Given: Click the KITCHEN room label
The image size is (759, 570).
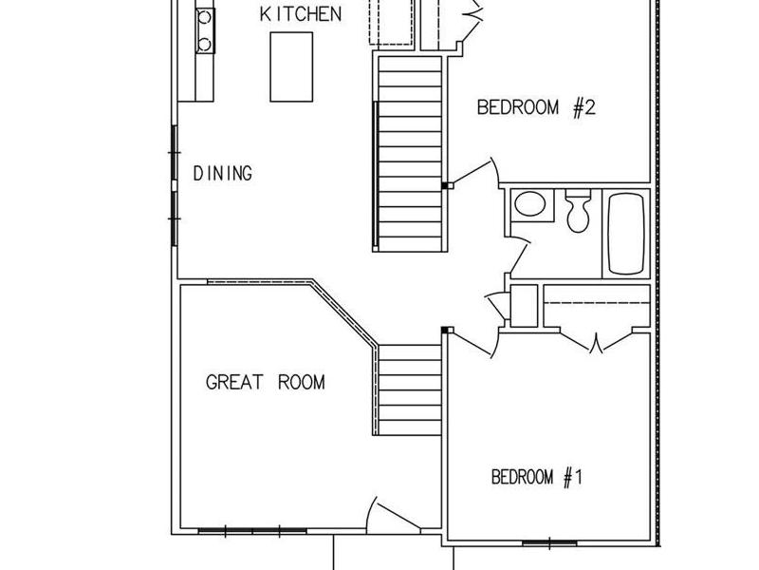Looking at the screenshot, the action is click(x=301, y=14).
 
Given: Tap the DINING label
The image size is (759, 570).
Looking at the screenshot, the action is click(x=223, y=174).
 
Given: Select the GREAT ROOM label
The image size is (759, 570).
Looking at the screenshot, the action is click(x=266, y=382).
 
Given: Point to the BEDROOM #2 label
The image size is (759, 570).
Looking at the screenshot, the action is click(x=536, y=107).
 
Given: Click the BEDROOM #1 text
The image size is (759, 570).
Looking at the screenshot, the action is click(x=537, y=477).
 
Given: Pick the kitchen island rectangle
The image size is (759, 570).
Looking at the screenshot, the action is click(x=291, y=66).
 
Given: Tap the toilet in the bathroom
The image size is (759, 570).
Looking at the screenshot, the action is click(x=578, y=211).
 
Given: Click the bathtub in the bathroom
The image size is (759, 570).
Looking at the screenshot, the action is click(x=626, y=234).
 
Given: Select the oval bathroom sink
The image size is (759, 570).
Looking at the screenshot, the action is click(x=529, y=203).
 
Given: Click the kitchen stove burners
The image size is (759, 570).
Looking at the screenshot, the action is click(x=205, y=31).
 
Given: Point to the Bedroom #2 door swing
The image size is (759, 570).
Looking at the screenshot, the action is click(x=474, y=173).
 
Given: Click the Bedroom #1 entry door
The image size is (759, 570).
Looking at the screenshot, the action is click(x=472, y=343).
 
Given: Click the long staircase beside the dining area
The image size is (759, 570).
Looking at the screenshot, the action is click(x=410, y=154).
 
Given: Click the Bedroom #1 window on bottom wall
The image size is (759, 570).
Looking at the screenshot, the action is click(x=550, y=542).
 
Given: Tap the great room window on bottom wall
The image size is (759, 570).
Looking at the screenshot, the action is click(x=252, y=532).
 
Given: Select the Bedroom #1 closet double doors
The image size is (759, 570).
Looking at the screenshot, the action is click(x=597, y=341).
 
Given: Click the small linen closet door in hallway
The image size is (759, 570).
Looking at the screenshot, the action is click(x=496, y=305).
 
